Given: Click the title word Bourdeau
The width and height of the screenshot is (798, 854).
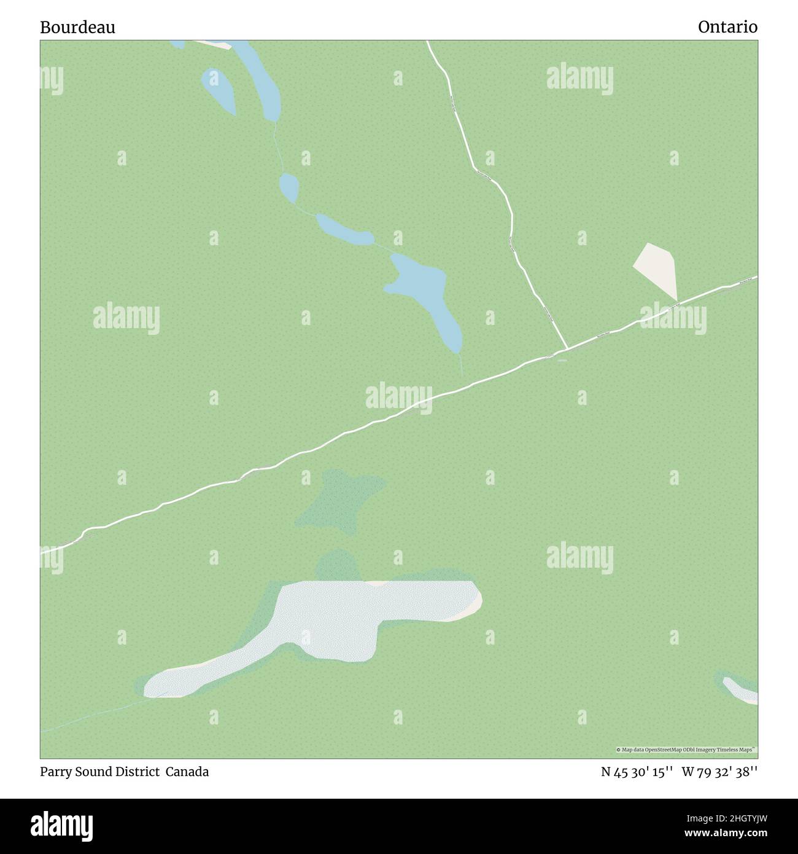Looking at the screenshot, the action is [x=78, y=27].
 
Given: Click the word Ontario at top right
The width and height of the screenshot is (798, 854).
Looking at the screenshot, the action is [x=727, y=27].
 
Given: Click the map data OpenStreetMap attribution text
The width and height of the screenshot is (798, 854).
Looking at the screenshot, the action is [x=686, y=750].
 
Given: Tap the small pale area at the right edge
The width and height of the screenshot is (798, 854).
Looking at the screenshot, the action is [x=743, y=691].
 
